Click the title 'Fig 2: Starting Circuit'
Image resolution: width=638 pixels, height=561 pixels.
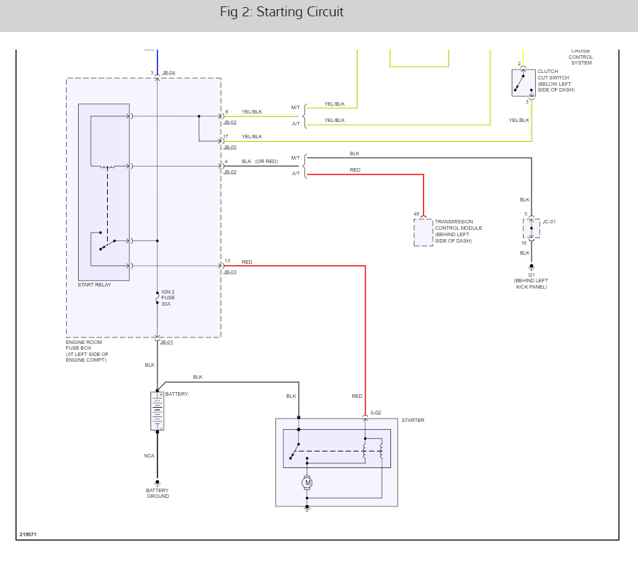282,12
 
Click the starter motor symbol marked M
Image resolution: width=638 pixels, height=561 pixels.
307,483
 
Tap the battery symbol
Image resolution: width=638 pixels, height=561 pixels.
158,411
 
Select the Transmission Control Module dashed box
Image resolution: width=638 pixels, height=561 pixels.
424,232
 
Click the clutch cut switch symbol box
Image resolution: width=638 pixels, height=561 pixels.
524,82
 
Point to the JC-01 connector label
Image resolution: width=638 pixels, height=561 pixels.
549,222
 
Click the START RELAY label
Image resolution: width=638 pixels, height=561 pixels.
94,285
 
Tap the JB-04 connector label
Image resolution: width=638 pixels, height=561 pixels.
168,73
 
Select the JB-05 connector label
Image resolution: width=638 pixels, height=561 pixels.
230,148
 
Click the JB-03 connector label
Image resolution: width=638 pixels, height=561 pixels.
230,272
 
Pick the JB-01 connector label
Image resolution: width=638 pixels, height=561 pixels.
167,343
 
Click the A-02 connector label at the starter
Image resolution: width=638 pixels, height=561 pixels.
375,412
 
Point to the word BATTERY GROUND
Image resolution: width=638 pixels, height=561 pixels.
158,493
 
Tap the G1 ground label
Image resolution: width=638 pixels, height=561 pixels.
530,274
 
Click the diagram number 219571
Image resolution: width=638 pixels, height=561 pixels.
28,534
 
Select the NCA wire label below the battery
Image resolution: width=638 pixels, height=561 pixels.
149,456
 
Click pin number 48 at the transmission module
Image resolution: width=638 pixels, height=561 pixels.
417,213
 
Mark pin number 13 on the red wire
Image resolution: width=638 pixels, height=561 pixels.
227,261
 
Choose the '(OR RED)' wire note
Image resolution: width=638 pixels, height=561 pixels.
267,161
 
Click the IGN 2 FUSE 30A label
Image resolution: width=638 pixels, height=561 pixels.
168,298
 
